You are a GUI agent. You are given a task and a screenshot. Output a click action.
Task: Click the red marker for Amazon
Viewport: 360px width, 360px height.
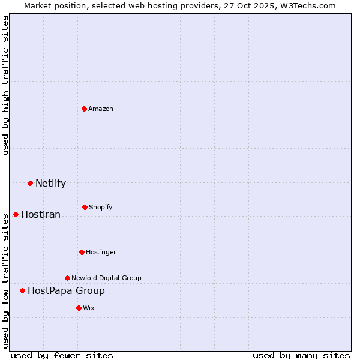coord(85,109)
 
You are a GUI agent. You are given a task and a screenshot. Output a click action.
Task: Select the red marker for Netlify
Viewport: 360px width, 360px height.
coord(30,183)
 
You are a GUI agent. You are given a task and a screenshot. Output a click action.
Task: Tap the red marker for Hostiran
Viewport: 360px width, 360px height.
coord(16,214)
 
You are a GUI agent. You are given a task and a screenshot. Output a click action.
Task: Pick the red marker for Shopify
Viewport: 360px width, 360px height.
coord(85,207)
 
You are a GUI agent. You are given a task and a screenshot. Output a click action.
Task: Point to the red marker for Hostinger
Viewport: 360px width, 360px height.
coord(82,252)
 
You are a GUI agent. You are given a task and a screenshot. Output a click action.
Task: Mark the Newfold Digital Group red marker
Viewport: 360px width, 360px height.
coord(67,278)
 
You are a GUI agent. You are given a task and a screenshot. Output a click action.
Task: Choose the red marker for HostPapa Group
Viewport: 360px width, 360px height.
coord(23,290)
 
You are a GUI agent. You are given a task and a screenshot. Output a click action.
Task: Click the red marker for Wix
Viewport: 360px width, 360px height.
coord(79,308)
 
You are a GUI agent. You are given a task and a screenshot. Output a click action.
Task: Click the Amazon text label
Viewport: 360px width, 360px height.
coord(101,109)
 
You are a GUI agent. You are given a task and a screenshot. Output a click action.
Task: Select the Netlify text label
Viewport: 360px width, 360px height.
coord(50,183)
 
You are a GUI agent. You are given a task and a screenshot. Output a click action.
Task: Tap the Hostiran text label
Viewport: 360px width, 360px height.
coord(41,214)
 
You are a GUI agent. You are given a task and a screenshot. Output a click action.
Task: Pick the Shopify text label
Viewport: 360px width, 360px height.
coord(101,207)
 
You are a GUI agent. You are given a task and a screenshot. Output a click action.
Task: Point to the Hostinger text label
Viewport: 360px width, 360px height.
coord(101,252)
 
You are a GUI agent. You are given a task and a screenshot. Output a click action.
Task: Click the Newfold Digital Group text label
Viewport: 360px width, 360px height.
coord(106,278)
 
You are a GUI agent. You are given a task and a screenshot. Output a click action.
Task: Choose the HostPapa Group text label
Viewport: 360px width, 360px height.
coord(66,290)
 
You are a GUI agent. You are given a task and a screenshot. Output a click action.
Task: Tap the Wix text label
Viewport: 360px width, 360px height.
coord(89,308)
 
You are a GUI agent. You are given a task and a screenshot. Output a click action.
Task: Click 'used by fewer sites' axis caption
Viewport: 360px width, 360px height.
coord(62,355)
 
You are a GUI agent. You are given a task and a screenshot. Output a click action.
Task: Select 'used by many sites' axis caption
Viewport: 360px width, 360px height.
coord(301,355)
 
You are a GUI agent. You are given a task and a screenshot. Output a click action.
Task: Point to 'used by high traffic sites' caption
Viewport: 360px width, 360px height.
coord(5,85)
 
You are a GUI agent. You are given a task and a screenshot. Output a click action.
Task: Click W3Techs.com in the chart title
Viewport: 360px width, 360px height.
coord(307,5)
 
